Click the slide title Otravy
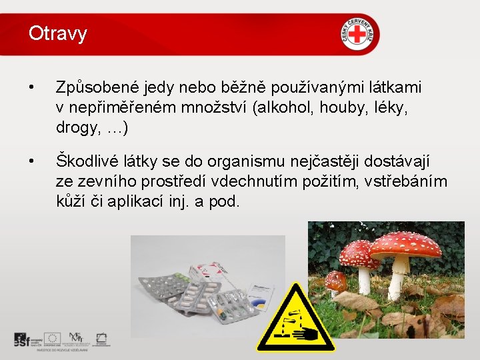point(58,33)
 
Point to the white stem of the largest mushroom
point(399,277)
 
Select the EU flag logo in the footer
point(53,339)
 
